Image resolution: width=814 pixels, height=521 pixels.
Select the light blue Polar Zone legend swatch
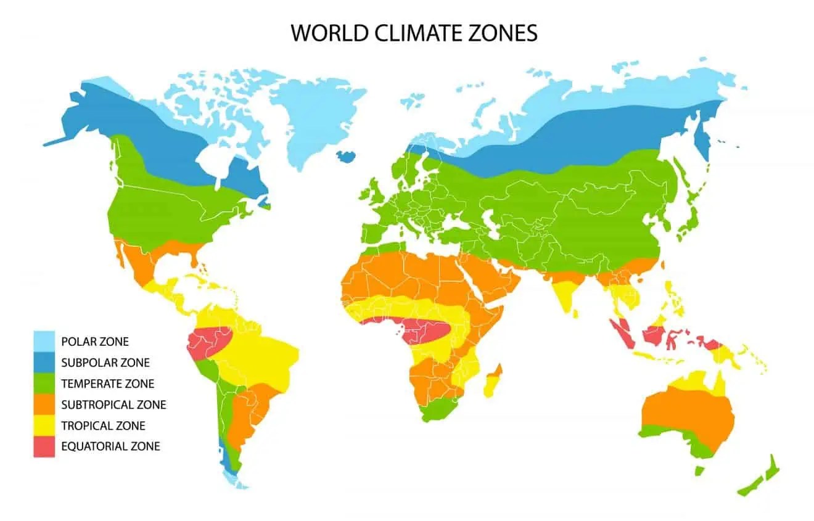click(x=44, y=341)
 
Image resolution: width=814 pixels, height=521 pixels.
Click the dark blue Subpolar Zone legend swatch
click(x=44, y=362)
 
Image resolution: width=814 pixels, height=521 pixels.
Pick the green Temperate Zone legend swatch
click(x=44, y=383)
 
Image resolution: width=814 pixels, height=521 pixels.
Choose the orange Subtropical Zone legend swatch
click(x=44, y=404)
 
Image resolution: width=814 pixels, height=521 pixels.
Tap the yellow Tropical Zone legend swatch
click(x=44, y=425)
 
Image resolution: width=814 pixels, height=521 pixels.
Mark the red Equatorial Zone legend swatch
click(x=44, y=446)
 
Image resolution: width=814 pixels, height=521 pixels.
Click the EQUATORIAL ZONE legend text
click(x=110, y=446)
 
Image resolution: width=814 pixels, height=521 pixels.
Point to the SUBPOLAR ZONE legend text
click(x=105, y=363)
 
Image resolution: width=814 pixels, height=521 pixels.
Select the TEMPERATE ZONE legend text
click(x=107, y=384)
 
